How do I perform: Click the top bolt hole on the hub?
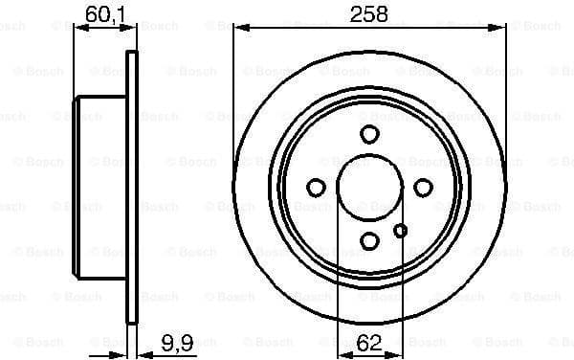click(369, 134)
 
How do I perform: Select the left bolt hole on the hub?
click(316, 187)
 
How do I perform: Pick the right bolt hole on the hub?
click(422, 187)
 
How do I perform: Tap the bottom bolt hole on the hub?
click(369, 240)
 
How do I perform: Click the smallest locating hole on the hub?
click(400, 229)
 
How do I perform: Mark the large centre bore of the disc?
click(369, 187)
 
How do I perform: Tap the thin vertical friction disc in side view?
click(132, 187)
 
